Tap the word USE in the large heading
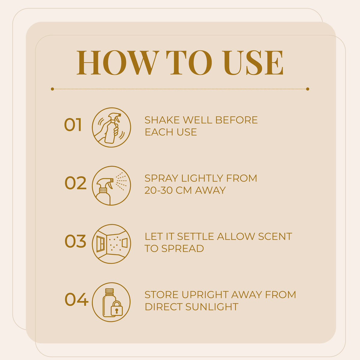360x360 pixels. tap(253, 63)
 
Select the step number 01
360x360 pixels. tap(73, 124)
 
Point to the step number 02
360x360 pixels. tap(76, 183)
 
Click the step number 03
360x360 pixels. tap(76, 241)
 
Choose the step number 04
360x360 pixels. tap(76, 299)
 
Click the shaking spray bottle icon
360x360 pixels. tap(111, 127)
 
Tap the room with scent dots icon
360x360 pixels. tap(111, 244)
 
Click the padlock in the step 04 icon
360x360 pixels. tap(117, 308)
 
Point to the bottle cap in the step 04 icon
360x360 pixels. tap(109, 291)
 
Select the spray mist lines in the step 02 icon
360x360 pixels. tap(121, 181)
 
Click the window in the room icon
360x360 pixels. tap(100, 244)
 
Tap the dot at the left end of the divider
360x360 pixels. tap(52, 89)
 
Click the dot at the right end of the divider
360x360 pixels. tap(308, 89)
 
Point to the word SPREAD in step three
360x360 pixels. tap(182, 248)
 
